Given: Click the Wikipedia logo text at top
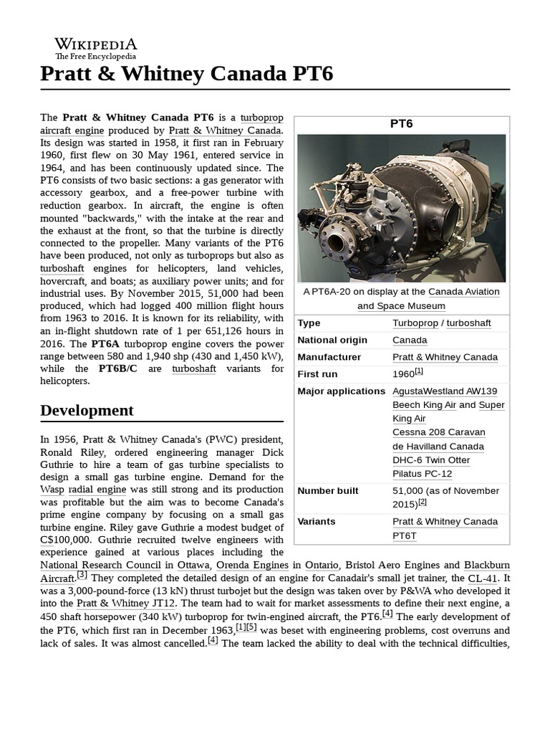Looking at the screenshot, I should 96,44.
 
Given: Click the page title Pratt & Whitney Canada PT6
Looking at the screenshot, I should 186,74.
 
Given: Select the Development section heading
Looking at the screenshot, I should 87,410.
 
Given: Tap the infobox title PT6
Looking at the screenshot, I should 401,123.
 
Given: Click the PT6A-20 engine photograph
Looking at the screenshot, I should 401,208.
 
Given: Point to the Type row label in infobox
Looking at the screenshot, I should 309,323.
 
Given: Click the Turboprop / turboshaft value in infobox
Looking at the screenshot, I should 441,323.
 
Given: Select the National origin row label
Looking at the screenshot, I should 332,340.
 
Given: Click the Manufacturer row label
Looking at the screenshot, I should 329,357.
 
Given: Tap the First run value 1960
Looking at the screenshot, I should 403,374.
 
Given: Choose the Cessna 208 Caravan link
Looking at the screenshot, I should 438,432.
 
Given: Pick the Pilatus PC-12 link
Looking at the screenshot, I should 422,474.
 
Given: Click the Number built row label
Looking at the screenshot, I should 328,491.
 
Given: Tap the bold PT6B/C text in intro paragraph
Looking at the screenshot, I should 122,368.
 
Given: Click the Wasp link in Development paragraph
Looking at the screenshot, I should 52,489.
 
